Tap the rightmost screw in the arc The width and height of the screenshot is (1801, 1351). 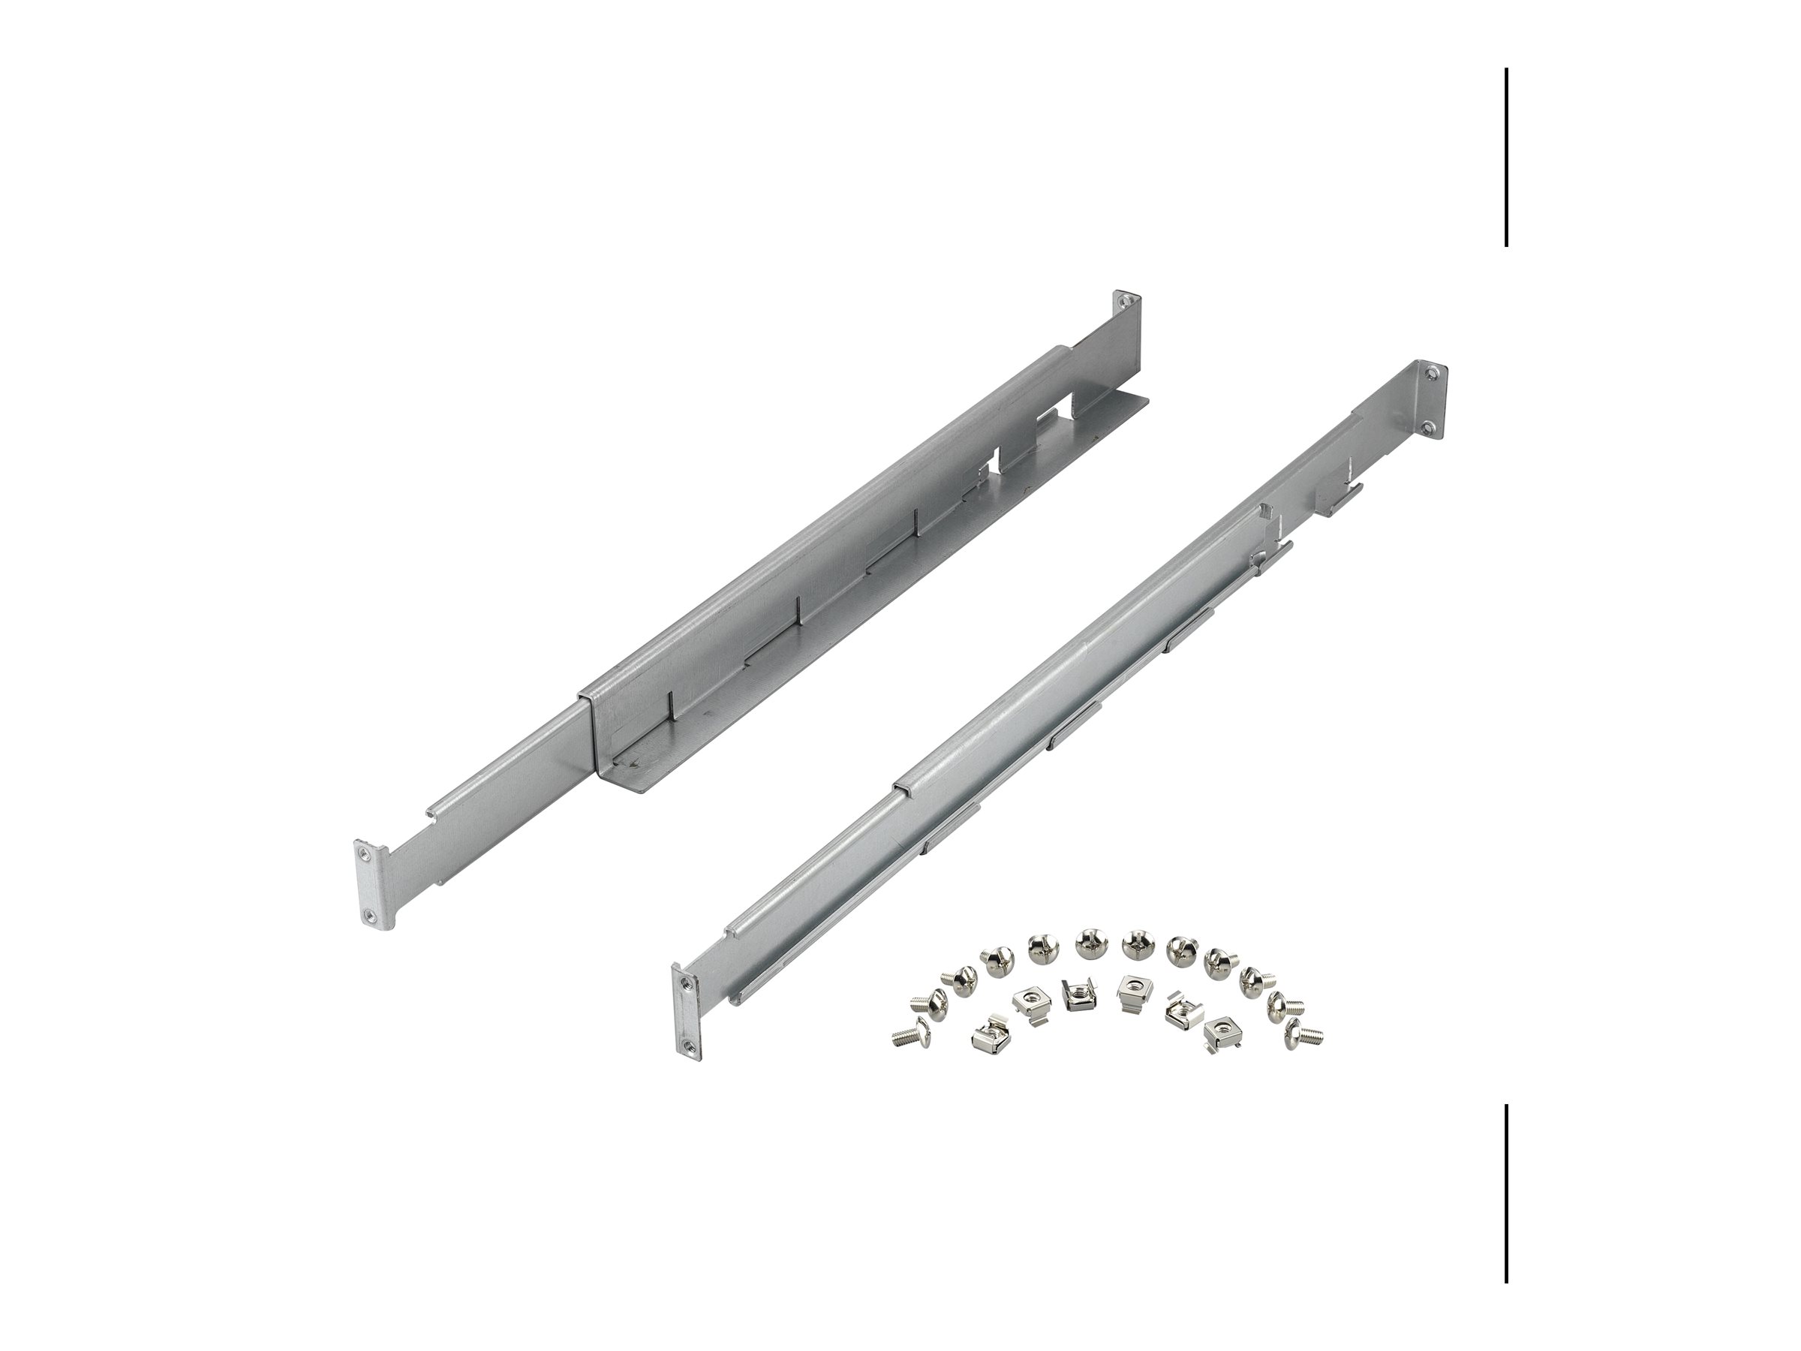tap(1303, 1035)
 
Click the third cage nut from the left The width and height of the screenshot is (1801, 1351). tap(1079, 994)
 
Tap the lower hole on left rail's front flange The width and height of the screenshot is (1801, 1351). tap(371, 916)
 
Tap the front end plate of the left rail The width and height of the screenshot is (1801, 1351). tap(369, 884)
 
